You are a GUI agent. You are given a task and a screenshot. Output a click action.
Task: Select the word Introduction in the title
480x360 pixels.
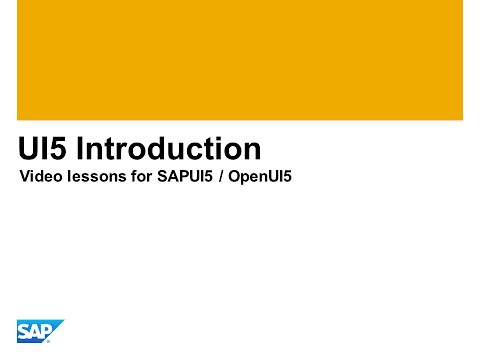click(x=169, y=150)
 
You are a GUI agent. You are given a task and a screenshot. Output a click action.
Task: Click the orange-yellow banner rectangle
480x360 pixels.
click(x=240, y=60)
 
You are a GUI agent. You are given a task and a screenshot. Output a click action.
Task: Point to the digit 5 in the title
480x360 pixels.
click(x=60, y=150)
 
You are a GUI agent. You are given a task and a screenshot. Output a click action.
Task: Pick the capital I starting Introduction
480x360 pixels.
click(x=80, y=150)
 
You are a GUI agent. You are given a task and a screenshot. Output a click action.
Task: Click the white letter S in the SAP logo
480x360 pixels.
click(x=24, y=331)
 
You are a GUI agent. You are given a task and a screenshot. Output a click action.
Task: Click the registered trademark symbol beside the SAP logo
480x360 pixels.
click(x=49, y=341)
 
